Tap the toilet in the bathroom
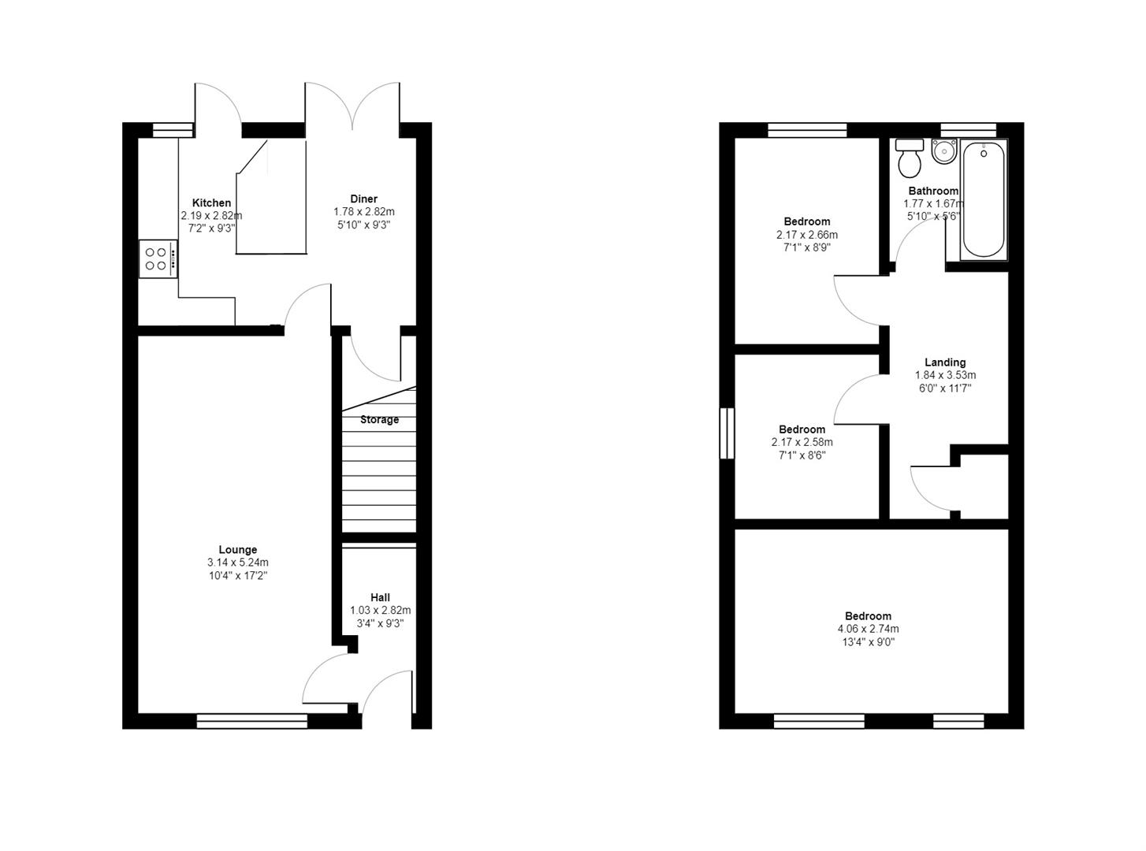[x=910, y=159]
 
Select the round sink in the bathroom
[x=943, y=151]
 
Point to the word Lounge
[x=237, y=550]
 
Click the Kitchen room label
[x=211, y=203]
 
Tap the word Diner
[x=363, y=199]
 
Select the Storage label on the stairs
[x=379, y=420]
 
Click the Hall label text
[x=380, y=597]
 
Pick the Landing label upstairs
[x=944, y=362]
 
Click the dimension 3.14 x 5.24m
[x=237, y=563]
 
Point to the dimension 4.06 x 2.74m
[x=868, y=629]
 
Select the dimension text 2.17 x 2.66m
[x=806, y=235]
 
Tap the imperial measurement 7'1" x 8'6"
[x=802, y=455]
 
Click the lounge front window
[x=251, y=719]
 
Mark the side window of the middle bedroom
[x=727, y=433]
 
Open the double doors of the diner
[x=353, y=106]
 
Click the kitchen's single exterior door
[x=218, y=106]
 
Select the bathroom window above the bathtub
[x=968, y=130]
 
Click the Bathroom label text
[x=933, y=191]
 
